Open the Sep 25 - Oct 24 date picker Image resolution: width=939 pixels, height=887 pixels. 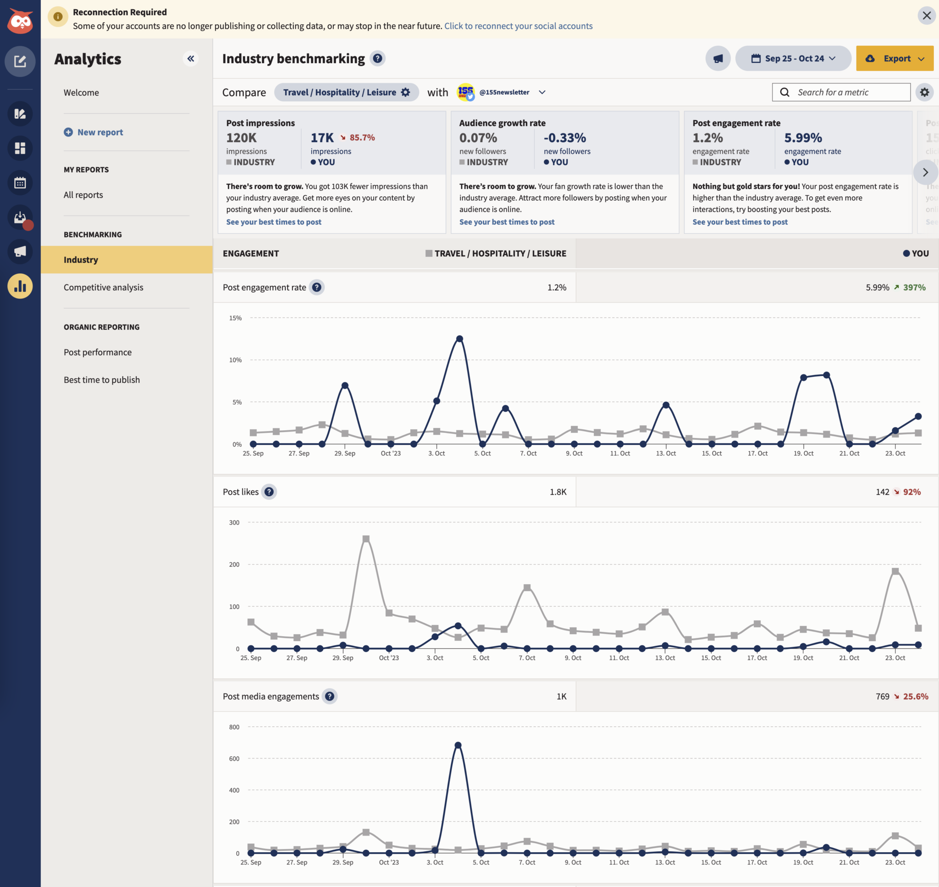(x=793, y=59)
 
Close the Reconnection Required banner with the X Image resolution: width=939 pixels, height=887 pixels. (x=926, y=16)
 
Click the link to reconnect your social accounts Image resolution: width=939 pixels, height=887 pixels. (x=518, y=26)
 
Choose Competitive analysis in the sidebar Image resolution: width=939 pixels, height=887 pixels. (x=103, y=288)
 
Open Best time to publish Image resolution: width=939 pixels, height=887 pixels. (x=102, y=380)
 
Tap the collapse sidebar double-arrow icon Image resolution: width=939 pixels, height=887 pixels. (x=190, y=59)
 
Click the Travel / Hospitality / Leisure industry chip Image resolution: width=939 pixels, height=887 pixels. (x=346, y=92)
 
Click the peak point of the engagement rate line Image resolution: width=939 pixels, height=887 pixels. (x=459, y=339)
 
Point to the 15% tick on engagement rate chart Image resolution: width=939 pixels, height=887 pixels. (x=235, y=318)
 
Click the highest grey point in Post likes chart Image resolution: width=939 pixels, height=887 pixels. (x=366, y=539)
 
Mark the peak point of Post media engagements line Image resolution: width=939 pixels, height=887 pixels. (x=458, y=745)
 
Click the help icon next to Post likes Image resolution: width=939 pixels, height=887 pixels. (x=269, y=492)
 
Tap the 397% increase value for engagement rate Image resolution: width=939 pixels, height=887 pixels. (x=913, y=288)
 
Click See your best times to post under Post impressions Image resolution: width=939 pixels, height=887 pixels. (x=274, y=222)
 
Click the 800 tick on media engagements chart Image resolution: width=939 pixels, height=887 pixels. (x=234, y=727)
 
